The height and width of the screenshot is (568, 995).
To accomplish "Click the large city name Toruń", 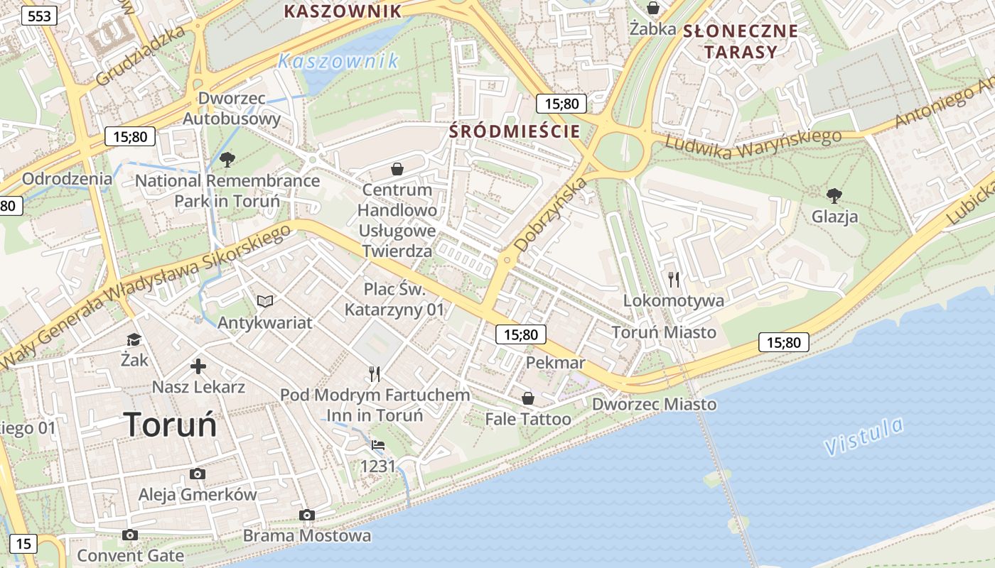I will [x=170, y=425].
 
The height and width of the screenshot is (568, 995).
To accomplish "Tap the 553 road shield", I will [x=39, y=16].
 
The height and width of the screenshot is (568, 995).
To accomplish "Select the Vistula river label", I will [x=864, y=436].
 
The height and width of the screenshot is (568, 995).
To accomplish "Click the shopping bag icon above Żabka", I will [x=652, y=9].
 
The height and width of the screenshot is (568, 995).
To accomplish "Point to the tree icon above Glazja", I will [x=834, y=195].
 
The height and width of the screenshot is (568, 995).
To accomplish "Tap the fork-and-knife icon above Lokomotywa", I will [x=674, y=279].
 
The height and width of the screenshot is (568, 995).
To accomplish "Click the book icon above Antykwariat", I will [x=265, y=302].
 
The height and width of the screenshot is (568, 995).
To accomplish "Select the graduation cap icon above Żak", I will [x=134, y=339].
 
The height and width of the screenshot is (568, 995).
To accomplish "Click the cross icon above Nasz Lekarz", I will [x=198, y=366].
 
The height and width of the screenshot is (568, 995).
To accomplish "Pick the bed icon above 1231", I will [x=377, y=445].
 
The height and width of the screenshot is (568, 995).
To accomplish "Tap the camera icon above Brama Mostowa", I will [x=307, y=515].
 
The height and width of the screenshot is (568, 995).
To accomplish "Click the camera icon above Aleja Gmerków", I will [x=198, y=474].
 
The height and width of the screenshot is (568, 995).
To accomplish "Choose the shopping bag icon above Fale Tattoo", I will [x=528, y=398].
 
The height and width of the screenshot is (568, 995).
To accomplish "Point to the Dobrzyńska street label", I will [x=552, y=215].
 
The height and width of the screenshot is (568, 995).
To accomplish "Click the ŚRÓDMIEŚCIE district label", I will [x=515, y=131].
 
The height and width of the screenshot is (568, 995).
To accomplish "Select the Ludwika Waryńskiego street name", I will [x=753, y=144].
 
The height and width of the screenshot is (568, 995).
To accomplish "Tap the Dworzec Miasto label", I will [x=655, y=404].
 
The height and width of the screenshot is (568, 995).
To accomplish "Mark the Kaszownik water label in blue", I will [x=338, y=62].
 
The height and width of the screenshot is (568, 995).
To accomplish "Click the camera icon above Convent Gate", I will [x=129, y=535].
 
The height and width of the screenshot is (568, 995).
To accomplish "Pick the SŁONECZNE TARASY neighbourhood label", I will [x=740, y=41].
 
